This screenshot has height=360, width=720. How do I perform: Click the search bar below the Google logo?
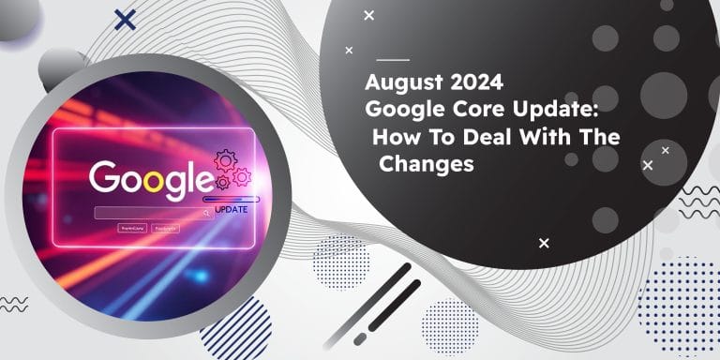[150, 213]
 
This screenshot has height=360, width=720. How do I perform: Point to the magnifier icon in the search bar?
[206, 213]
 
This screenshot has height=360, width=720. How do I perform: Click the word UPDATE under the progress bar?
[232, 208]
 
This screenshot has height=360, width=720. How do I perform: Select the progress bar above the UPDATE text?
[232, 198]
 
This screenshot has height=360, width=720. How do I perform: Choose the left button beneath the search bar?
[131, 228]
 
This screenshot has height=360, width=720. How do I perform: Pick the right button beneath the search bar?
[167, 228]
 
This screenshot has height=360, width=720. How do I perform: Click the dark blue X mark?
[123, 19]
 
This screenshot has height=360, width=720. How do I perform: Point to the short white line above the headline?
[392, 59]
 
